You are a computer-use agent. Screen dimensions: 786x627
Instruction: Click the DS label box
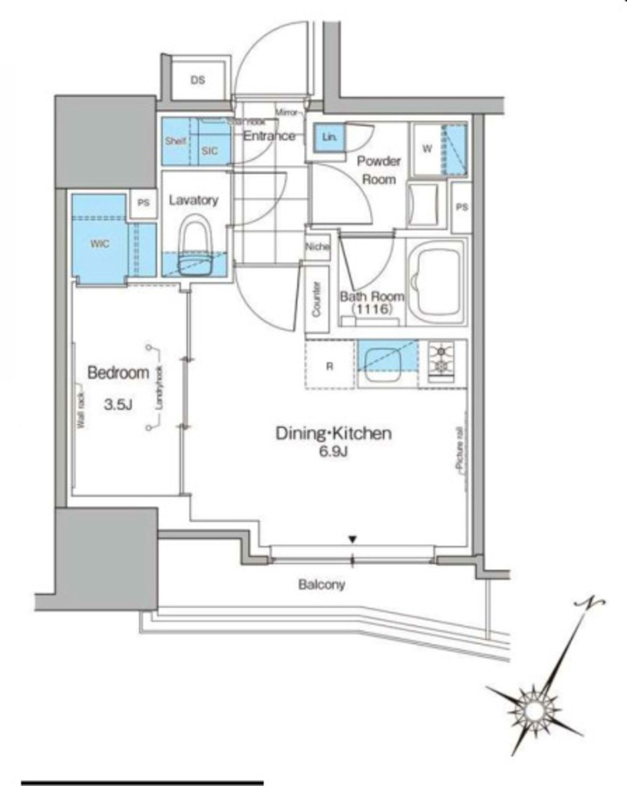[197, 80]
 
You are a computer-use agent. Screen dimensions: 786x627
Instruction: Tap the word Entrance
[269, 136]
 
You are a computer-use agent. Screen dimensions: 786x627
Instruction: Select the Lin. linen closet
[328, 137]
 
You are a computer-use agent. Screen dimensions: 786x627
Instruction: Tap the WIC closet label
[99, 244]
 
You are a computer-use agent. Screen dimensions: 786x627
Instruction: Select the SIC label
[210, 150]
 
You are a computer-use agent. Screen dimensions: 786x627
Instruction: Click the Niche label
[317, 247]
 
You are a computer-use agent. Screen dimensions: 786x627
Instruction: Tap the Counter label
[316, 300]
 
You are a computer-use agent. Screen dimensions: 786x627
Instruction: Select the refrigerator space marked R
[329, 366]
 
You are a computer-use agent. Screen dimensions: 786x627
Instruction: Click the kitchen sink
[384, 364]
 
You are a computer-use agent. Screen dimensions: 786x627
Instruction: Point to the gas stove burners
[442, 361]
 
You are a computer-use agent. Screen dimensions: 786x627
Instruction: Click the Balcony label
[322, 584]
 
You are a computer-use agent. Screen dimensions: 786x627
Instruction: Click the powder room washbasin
[423, 205]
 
